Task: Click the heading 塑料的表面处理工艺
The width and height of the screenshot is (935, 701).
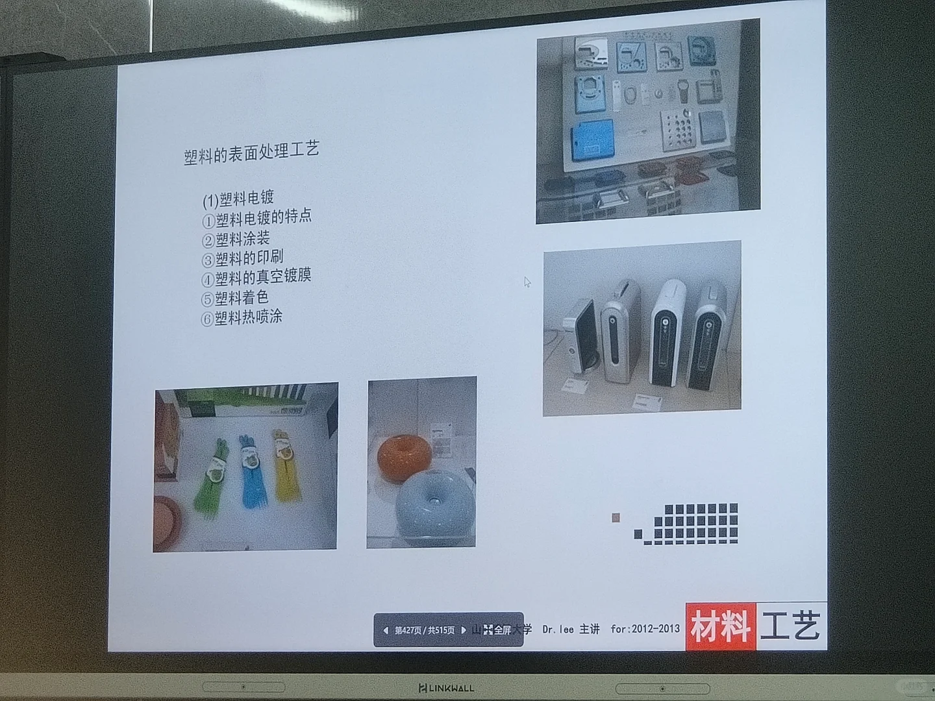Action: tap(251, 153)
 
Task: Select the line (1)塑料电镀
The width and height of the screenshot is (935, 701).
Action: tap(238, 197)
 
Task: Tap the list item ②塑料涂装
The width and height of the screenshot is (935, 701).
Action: tap(236, 239)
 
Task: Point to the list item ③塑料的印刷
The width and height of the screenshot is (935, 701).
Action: tap(242, 258)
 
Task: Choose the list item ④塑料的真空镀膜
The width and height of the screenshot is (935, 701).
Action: tap(256, 278)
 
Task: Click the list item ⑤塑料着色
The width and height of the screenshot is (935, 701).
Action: tap(234, 298)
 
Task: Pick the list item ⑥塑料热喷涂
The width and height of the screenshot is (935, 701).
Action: tap(242, 317)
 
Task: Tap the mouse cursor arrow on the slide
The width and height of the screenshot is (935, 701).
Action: tap(527, 282)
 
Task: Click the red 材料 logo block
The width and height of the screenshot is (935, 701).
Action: tap(721, 626)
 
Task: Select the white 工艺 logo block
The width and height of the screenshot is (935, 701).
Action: tap(791, 625)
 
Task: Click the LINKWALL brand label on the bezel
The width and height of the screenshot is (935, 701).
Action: tap(446, 687)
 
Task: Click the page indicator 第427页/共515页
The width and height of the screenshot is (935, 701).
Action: tap(424, 630)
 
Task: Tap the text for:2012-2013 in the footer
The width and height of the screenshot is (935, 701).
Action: tap(645, 628)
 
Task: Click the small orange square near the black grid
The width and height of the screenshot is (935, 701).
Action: tap(616, 517)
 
